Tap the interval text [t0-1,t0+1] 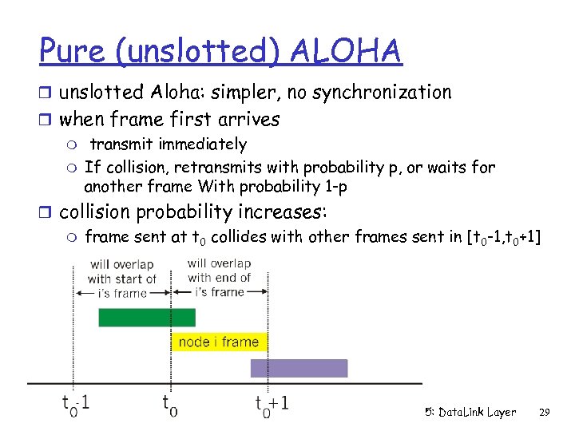coord(503,236)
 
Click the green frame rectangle coord(146,318)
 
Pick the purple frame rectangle coord(299,368)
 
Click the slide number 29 coord(545,412)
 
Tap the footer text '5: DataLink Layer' coord(470,412)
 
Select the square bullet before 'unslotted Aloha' coord(49,93)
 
